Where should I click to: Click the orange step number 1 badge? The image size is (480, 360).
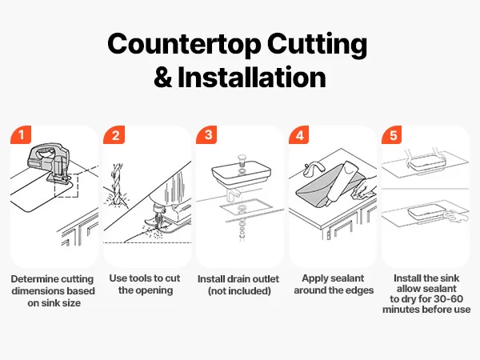point(21,134)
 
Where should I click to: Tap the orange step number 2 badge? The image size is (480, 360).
point(114,134)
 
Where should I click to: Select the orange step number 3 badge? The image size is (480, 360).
point(206,134)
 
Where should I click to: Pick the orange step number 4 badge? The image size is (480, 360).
point(299,134)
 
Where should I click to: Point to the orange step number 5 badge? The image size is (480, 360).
point(392,134)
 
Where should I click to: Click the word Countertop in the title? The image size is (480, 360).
point(184,44)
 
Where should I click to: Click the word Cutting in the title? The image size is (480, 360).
point(317,45)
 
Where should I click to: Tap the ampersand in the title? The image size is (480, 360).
point(163,77)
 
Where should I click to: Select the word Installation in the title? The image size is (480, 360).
point(252,77)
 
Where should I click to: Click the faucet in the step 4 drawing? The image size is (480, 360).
point(314,169)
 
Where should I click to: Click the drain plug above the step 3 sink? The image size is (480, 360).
point(242,160)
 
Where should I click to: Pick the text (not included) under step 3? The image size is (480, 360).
point(239,291)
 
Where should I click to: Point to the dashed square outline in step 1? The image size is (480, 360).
point(66,186)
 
